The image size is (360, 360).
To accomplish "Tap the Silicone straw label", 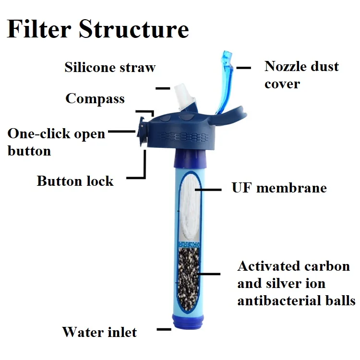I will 110,67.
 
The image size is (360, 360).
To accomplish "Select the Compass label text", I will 95,99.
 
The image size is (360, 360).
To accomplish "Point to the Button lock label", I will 75,181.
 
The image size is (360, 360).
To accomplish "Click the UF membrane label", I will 279,188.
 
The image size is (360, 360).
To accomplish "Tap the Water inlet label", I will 99,332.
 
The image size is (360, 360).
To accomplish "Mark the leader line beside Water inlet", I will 164,329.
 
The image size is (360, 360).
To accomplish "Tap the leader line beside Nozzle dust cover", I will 244,68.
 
